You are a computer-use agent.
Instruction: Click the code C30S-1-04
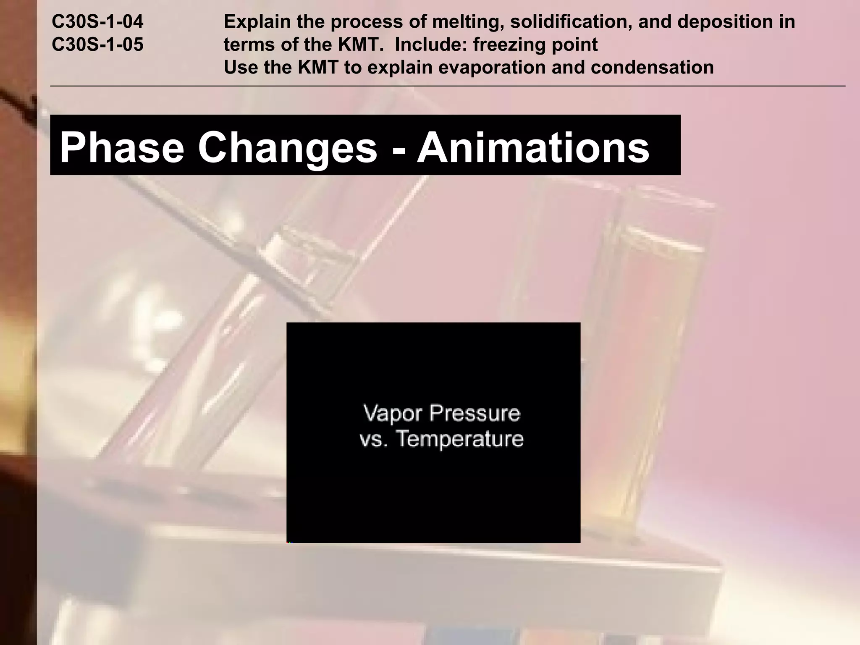(x=97, y=22)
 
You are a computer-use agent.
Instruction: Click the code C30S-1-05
(x=97, y=45)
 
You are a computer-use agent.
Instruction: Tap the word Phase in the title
(x=122, y=147)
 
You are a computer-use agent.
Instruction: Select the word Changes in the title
(x=288, y=147)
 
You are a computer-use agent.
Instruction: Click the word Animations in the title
(x=533, y=147)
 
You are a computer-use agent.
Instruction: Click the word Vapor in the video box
(x=392, y=413)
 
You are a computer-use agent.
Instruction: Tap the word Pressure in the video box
(x=475, y=413)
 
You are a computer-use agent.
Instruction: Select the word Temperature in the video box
(x=460, y=439)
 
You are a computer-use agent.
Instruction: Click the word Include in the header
(x=430, y=45)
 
